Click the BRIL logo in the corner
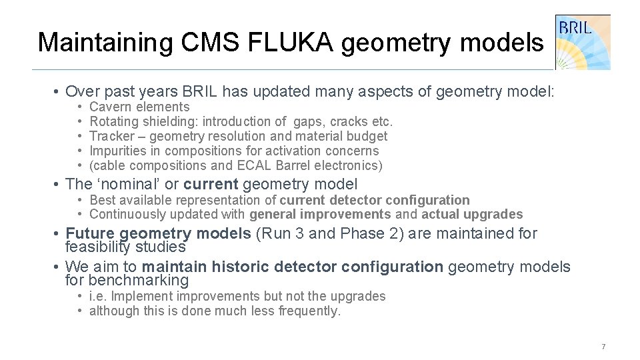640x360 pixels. pos(583,41)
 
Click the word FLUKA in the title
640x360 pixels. pos(304,43)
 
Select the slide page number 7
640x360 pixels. pos(603,347)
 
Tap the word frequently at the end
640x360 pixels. pos(308,311)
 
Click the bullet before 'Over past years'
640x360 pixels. pos(59,92)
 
